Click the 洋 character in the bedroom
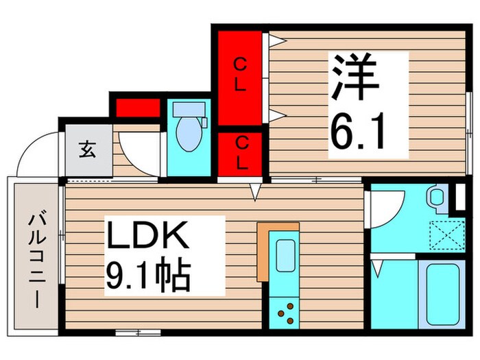(x=356, y=81)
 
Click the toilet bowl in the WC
(x=187, y=136)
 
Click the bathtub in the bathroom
(x=442, y=293)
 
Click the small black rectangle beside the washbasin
(x=459, y=197)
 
